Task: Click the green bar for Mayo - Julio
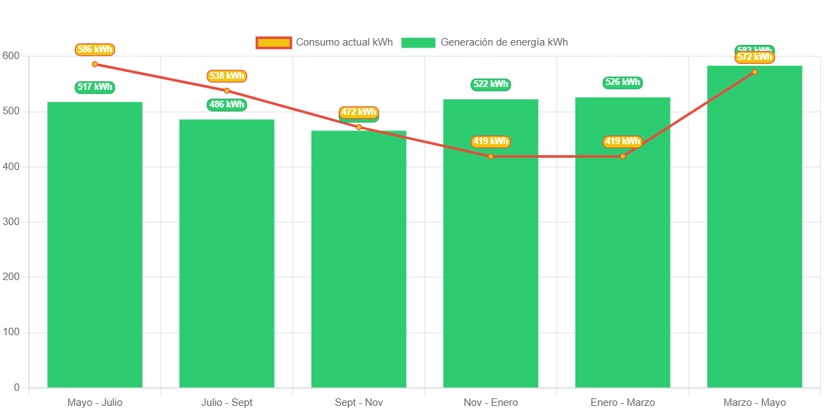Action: coord(95,245)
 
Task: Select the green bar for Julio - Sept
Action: coord(226,253)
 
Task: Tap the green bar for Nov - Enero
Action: coord(490,272)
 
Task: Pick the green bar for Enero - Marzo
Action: coord(622,272)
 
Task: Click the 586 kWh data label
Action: coord(95,50)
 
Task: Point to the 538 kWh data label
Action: coord(226,76)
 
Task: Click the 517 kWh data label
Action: coord(95,87)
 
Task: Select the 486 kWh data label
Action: coord(226,105)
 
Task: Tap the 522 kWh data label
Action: coord(490,84)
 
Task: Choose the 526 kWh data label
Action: coord(622,82)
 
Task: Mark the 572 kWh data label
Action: coord(754,57)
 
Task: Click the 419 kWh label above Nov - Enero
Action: coord(490,141)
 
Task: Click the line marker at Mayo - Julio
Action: coord(95,64)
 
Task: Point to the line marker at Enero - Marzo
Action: coord(622,156)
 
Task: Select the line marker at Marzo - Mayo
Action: coord(754,72)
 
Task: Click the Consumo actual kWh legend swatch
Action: coord(273,42)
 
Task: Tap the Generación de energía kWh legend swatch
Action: coord(418,42)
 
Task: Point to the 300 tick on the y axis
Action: coord(12,222)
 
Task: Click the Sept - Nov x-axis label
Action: coord(358,402)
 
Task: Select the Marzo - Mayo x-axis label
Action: coord(754,402)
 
